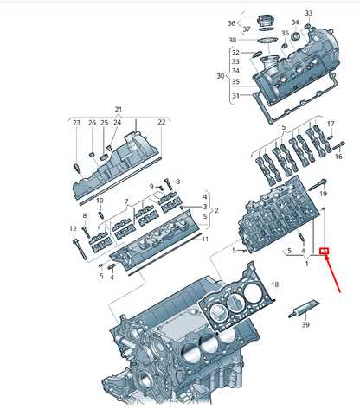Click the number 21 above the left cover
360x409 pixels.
119,109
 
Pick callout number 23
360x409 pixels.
76,123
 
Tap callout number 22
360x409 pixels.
161,123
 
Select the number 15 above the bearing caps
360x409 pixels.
280,126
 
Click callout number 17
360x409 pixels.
330,125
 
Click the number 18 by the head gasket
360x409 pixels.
275,284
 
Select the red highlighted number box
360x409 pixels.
324,252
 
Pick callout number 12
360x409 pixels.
73,228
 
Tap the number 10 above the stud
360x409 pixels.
100,201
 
